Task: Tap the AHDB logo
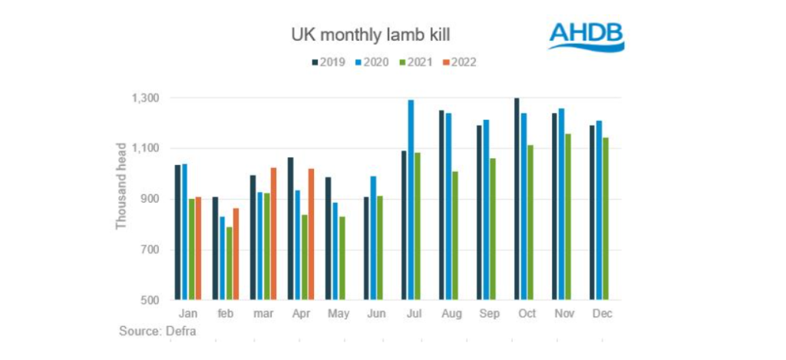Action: tap(586, 36)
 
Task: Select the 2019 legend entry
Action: tap(331, 61)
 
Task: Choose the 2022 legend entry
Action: tap(458, 61)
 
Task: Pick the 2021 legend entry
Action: tap(416, 61)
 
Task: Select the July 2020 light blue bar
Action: tap(411, 200)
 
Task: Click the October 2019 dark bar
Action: tap(517, 199)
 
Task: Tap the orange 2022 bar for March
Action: tap(272, 233)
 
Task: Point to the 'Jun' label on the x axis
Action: tap(376, 313)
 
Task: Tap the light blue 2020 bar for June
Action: tap(373, 238)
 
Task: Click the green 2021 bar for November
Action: tap(569, 216)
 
